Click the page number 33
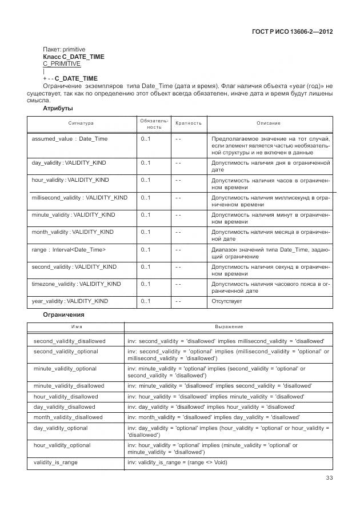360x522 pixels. (x=329, y=478)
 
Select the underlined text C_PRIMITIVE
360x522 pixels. (x=62, y=64)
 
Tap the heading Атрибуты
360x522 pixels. (x=58, y=107)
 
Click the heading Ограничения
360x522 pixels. (x=63, y=314)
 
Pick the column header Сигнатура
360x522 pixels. (x=81, y=123)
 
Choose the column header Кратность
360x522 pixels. (x=189, y=123)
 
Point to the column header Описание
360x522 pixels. (x=269, y=123)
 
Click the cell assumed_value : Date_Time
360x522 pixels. (x=69, y=139)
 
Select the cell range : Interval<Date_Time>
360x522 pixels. (x=69, y=250)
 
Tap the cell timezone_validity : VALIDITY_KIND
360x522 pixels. (x=76, y=284)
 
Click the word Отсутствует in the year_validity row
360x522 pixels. (x=227, y=301)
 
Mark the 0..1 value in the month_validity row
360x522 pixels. (x=146, y=232)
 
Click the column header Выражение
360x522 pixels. (x=229, y=326)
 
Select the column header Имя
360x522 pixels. (x=75, y=326)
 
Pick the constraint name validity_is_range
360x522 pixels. (x=55, y=462)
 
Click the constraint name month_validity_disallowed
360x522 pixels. (x=68, y=417)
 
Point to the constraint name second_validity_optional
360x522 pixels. (x=65, y=351)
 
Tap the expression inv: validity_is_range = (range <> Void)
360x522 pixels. (x=177, y=462)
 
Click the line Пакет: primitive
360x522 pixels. (x=64, y=50)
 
